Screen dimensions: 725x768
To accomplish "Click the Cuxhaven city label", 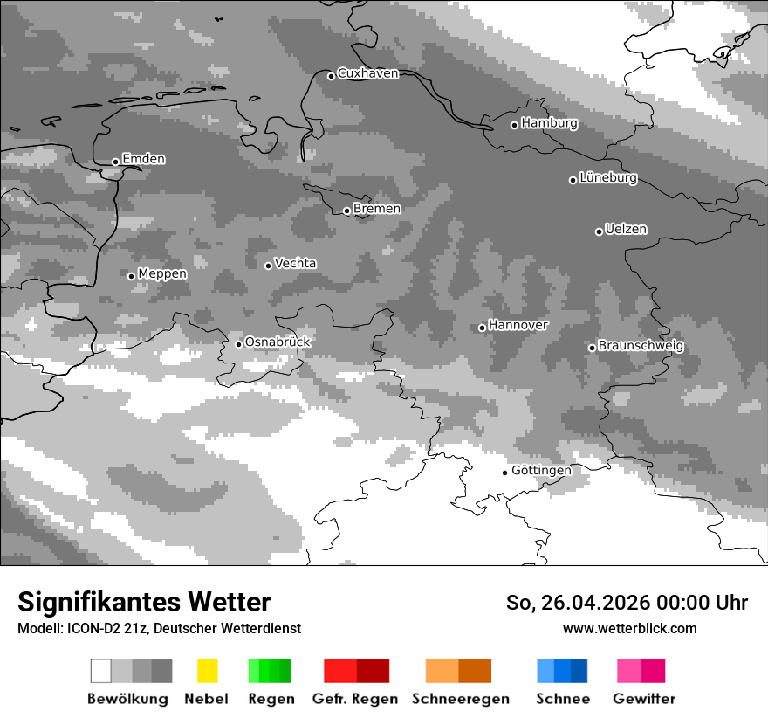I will [367, 73].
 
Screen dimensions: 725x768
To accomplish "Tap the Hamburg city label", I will [549, 123].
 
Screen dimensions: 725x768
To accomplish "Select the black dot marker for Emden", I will [115, 162].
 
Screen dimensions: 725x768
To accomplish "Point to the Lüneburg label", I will [608, 178].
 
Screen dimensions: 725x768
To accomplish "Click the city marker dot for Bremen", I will [346, 211].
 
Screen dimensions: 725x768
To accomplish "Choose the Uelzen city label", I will [626, 230].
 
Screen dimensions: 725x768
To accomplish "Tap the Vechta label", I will [296, 264].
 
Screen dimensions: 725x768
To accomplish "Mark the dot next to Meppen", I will [131, 276].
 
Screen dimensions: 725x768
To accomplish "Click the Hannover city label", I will [518, 325].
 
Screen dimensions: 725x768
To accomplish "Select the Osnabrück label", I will [278, 342].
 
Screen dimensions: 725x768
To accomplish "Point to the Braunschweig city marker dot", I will [592, 348].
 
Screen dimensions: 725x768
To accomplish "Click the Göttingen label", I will [541, 471].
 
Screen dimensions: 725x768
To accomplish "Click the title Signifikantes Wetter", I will [144, 602].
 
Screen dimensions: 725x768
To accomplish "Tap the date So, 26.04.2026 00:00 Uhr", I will [627, 603].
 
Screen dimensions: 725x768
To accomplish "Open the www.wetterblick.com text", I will [629, 628].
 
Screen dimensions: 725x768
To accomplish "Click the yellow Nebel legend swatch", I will [207, 671].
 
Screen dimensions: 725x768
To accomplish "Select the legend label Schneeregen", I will [461, 699].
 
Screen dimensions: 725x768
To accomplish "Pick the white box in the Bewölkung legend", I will [101, 671].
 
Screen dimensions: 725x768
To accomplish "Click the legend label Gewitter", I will [644, 699].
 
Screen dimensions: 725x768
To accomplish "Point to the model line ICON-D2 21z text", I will [159, 628].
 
